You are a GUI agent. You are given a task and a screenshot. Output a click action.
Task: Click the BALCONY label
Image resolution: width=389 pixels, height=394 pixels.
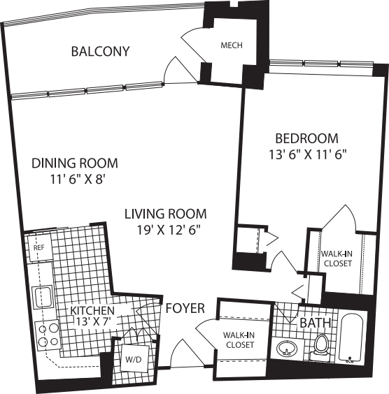point(101,51)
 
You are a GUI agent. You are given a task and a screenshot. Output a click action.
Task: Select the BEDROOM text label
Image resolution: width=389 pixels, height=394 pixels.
point(306,138)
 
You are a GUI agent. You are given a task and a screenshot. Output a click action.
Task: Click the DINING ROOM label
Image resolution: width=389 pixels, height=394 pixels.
point(75,163)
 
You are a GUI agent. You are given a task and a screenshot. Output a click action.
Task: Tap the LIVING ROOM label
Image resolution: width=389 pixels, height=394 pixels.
point(166,214)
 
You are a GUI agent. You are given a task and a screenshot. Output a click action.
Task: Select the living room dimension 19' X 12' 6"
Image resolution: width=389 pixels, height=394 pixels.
point(165,228)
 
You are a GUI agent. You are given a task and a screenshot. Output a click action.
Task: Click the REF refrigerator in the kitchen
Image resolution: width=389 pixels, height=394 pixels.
point(38,247)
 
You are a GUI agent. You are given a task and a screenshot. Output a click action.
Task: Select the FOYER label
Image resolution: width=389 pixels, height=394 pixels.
point(185,308)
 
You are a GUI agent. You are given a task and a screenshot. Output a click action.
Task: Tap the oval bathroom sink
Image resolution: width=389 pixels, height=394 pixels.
point(285,348)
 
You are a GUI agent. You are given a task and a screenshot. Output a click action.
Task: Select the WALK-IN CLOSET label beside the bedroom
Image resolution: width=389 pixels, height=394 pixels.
point(337,258)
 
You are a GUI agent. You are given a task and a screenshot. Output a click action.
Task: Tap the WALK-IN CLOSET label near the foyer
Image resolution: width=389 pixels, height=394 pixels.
point(239,340)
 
